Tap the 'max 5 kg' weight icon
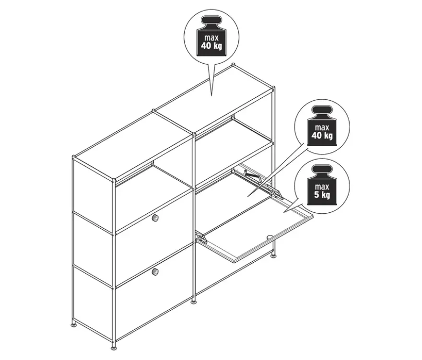(x=322, y=186)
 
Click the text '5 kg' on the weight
(x=322, y=194)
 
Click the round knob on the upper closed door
(x=155, y=218)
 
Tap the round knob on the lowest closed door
(x=155, y=272)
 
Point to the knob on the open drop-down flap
(x=270, y=237)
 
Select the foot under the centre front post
(x=194, y=301)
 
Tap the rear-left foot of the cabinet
(x=74, y=324)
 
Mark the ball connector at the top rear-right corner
(x=233, y=65)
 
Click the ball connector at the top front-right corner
(x=273, y=87)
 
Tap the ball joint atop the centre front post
(x=194, y=133)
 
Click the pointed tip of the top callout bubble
(x=211, y=95)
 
